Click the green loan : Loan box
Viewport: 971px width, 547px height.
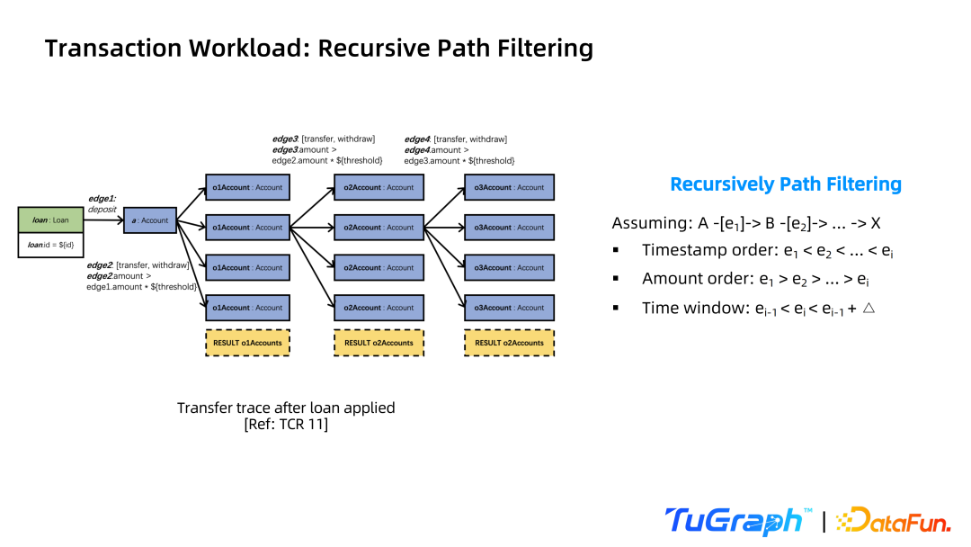tap(50, 220)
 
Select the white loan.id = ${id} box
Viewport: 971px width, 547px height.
tap(50, 245)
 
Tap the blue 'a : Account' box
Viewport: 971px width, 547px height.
tap(150, 220)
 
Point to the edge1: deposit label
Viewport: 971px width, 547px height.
tap(102, 204)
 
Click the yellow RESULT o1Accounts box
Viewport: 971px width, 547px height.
tap(248, 343)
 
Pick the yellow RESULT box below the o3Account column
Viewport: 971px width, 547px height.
tap(509, 343)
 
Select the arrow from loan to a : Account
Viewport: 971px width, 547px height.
tap(103, 220)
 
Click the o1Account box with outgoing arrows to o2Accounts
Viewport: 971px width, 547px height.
tap(248, 228)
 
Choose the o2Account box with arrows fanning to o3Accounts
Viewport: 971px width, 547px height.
tap(379, 228)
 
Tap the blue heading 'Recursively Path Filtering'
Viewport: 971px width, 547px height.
tap(786, 184)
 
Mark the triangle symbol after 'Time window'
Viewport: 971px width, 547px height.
tap(869, 308)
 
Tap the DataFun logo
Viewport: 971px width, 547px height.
tap(893, 520)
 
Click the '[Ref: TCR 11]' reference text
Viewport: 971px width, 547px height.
tap(286, 425)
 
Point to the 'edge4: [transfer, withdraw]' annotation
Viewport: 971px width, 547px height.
tap(456, 139)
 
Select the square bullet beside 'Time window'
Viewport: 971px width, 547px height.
tap(616, 308)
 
